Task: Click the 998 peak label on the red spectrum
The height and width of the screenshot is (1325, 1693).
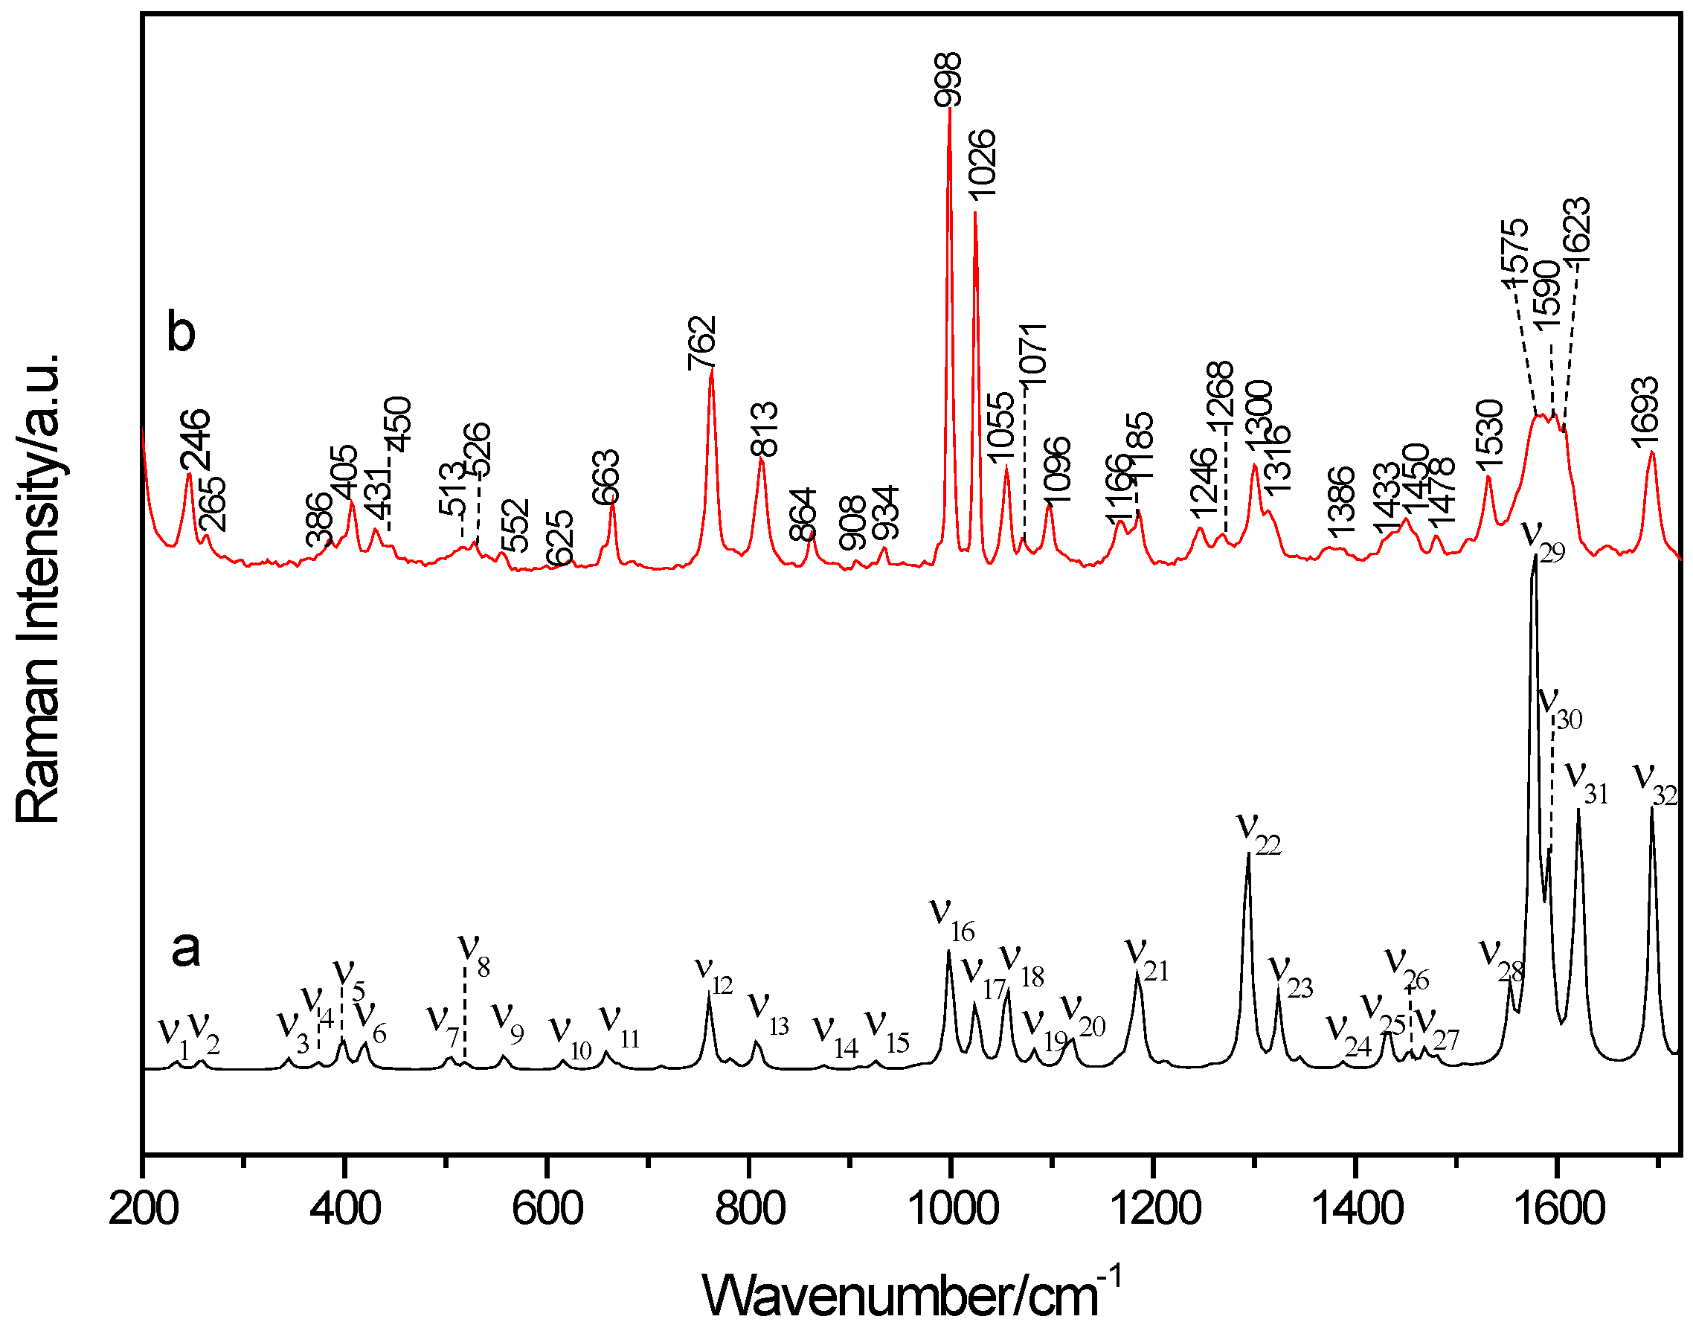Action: tap(948, 79)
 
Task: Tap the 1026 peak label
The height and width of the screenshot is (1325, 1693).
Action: tap(982, 164)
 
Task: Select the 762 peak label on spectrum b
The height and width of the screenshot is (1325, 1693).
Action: tap(703, 344)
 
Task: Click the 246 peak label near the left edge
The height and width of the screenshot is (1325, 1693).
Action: tap(196, 440)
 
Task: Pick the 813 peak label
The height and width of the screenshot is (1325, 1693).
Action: tap(764, 429)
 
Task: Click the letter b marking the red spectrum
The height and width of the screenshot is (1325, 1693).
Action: tap(181, 333)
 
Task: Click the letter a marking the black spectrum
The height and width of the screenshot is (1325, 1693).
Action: tap(185, 948)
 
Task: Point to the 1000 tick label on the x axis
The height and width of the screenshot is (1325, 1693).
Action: tap(951, 1210)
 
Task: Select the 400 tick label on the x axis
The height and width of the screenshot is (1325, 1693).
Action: tap(344, 1210)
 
